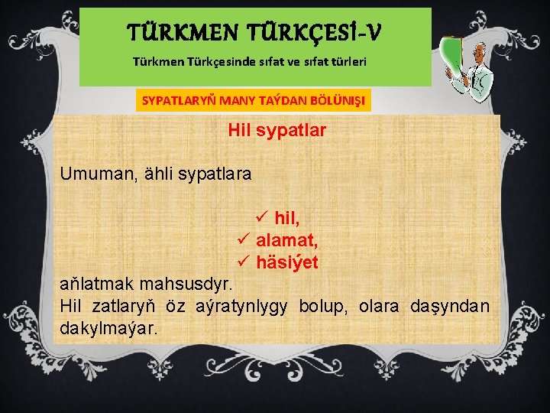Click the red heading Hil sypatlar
click(x=277, y=131)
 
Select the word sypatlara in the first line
click(x=216, y=174)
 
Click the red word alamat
click(x=287, y=241)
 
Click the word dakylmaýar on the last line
click(x=109, y=328)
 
